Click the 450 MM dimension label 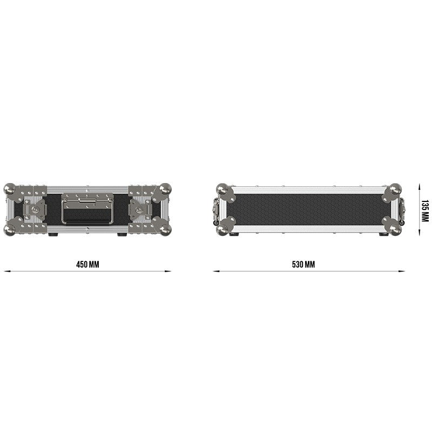[87, 265]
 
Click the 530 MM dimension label [303, 265]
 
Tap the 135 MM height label [425, 211]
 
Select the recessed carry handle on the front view [87, 208]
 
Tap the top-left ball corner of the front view [10, 189]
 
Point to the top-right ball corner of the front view [165, 189]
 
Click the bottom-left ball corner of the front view [10, 230]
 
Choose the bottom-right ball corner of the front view [166, 230]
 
